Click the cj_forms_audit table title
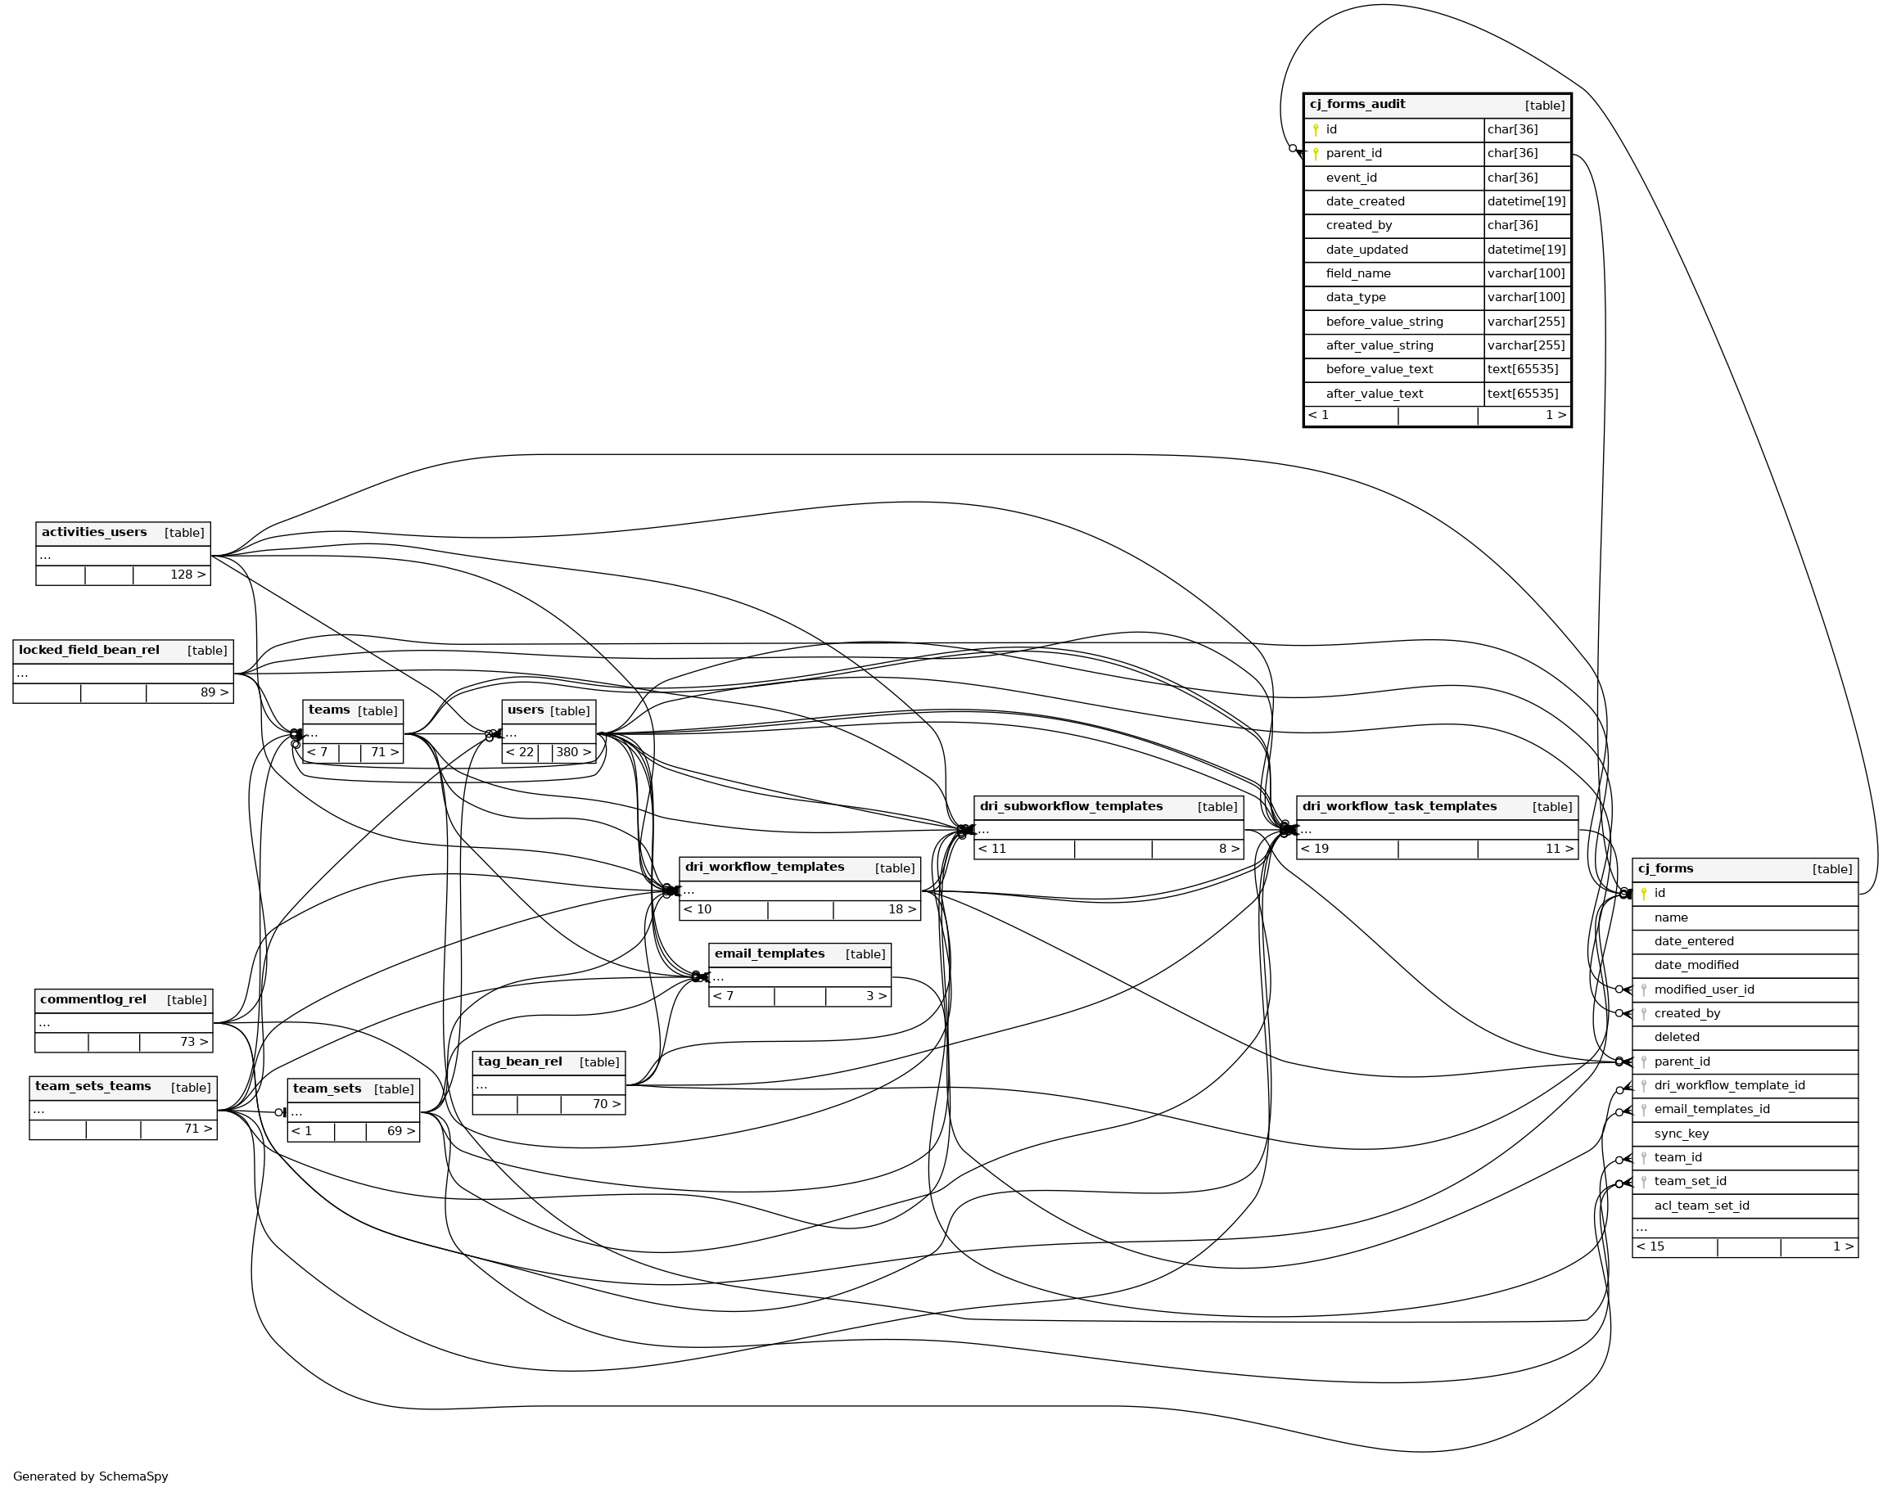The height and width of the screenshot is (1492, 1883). (1357, 105)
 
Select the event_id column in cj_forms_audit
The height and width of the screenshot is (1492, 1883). (1350, 178)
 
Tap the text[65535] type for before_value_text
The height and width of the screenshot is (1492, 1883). (1522, 369)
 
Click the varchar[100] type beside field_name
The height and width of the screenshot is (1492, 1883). (1526, 273)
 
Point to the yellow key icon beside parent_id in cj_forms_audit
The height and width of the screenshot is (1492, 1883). (1316, 155)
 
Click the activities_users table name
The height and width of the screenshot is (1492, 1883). (94, 533)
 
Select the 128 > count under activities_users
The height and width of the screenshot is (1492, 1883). (187, 575)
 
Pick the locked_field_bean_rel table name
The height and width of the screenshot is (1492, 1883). (89, 651)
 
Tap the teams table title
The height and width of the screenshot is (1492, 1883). (329, 710)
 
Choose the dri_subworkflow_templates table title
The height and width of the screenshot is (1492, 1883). (1071, 807)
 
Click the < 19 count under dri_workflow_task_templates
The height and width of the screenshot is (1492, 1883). (1315, 849)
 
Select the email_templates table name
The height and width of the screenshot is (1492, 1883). (770, 954)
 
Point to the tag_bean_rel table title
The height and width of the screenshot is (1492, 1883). (520, 1062)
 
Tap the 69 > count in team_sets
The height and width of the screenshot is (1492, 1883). (401, 1131)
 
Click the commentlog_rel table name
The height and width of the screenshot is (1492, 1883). (93, 999)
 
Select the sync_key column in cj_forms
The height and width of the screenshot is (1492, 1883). (1682, 1134)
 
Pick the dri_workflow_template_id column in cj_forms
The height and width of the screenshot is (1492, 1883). (1728, 1086)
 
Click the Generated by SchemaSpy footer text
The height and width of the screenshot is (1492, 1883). (91, 1476)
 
